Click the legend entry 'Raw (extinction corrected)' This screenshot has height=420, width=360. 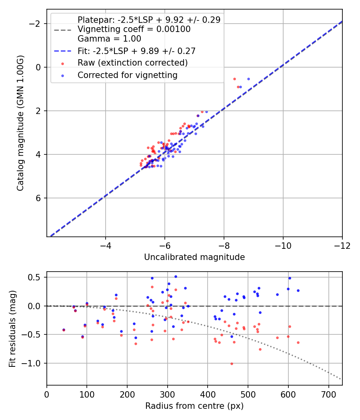point(132,63)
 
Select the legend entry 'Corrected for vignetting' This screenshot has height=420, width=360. point(128,75)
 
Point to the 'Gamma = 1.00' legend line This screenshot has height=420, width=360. point(109,39)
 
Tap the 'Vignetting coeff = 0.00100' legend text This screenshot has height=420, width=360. point(134,29)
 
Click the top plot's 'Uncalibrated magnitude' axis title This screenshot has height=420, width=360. point(194,257)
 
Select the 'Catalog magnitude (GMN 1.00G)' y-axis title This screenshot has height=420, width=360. point(20,123)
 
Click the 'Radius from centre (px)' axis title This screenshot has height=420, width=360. point(194,406)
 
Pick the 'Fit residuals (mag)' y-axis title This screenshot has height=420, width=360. point(12,328)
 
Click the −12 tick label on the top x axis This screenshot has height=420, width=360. point(342,245)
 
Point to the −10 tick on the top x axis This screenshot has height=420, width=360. point(283,245)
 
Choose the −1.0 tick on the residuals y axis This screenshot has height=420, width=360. point(34,363)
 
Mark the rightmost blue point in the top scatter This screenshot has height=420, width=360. point(248,79)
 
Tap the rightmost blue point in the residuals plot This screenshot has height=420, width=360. point(298,290)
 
